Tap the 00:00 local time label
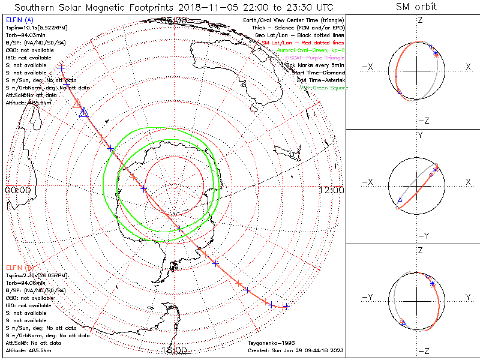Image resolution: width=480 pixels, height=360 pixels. coord(18,190)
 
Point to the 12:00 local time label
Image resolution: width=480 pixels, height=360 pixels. coord(332,190)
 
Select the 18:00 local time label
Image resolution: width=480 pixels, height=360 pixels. coord(174,350)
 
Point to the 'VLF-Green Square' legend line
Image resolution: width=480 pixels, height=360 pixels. coord(324,88)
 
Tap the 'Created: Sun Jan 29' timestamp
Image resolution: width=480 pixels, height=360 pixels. coord(295,350)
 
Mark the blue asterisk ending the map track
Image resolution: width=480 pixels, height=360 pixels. coord(286,307)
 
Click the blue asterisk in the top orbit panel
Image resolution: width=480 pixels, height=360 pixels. coord(436,54)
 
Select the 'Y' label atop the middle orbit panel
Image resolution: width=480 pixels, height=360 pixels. coord(420,136)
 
